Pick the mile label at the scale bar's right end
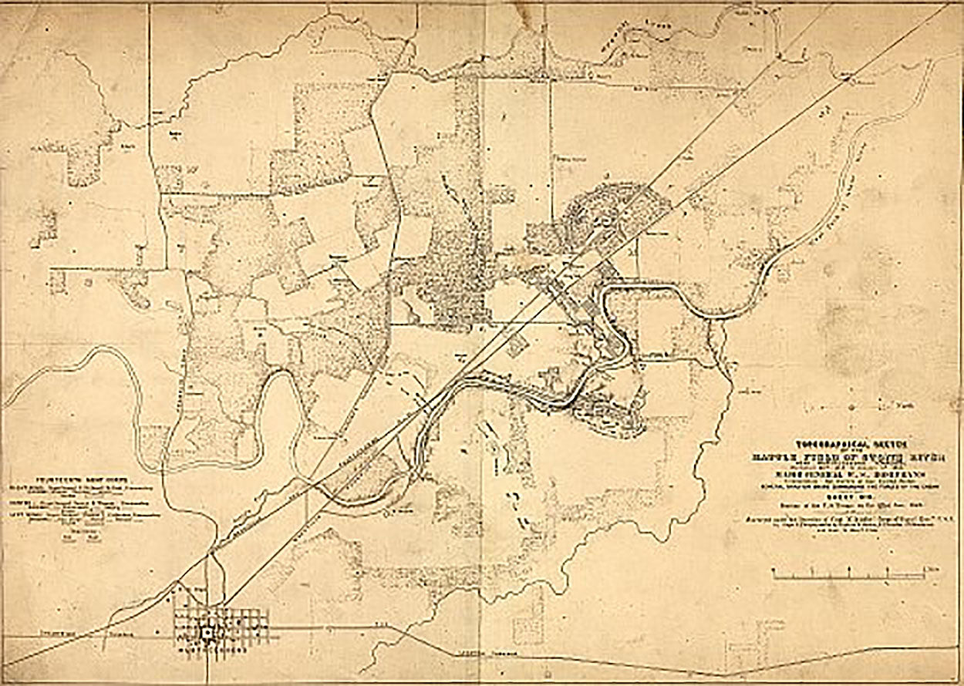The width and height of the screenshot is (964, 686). [935, 568]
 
